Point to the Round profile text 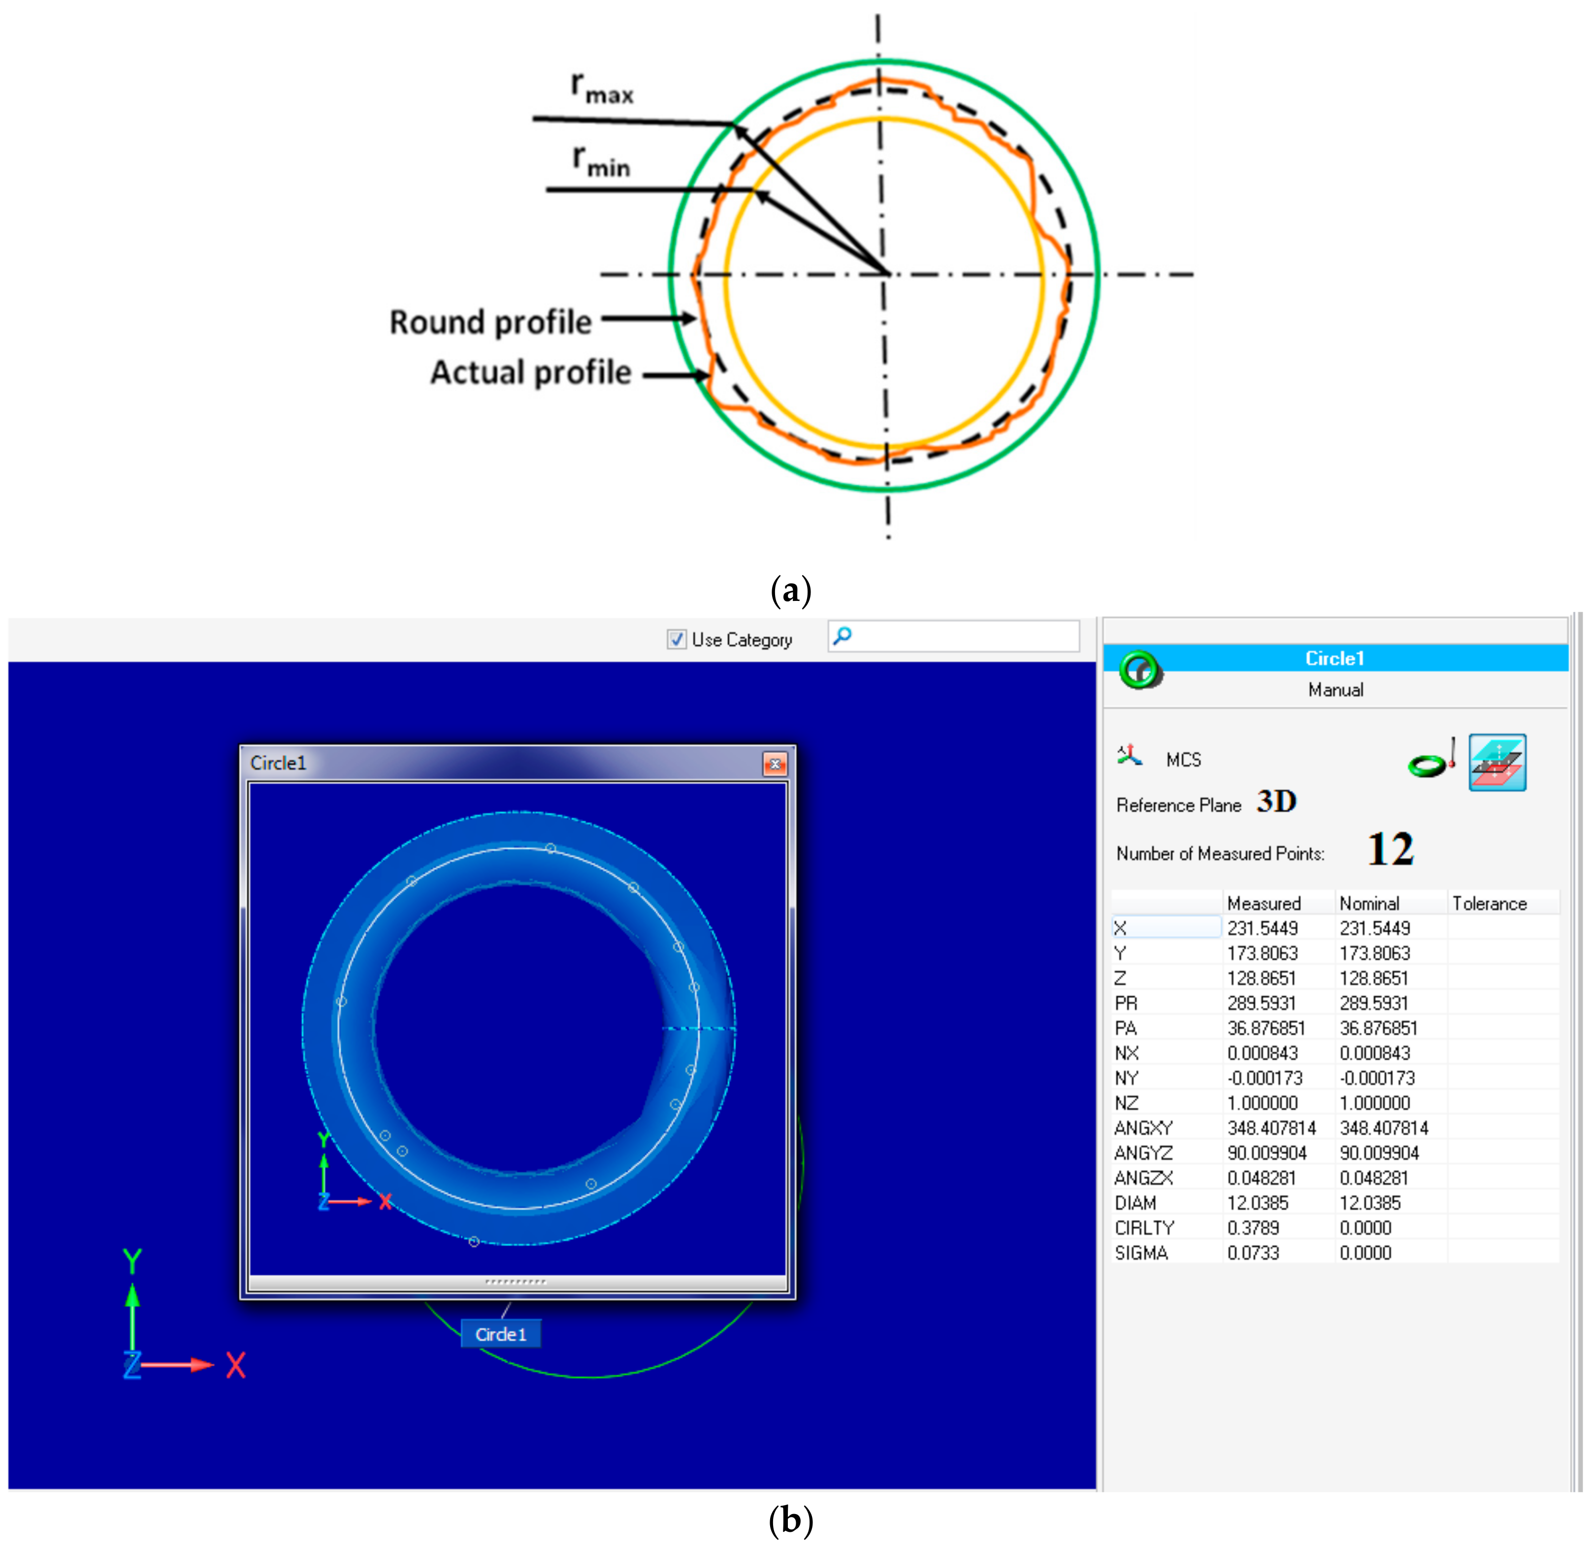(x=490, y=322)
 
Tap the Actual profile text (x=530, y=372)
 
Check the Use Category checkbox (x=676, y=639)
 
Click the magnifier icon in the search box (x=843, y=635)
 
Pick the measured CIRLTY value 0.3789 (x=1253, y=1227)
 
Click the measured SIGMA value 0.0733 (x=1253, y=1253)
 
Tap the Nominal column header (x=1368, y=903)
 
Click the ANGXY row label (x=1142, y=1127)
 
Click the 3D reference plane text (x=1275, y=801)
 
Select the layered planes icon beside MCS (x=1497, y=762)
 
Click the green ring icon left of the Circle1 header (x=1139, y=669)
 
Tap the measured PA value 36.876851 (x=1266, y=1028)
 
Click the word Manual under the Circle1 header (x=1335, y=690)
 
